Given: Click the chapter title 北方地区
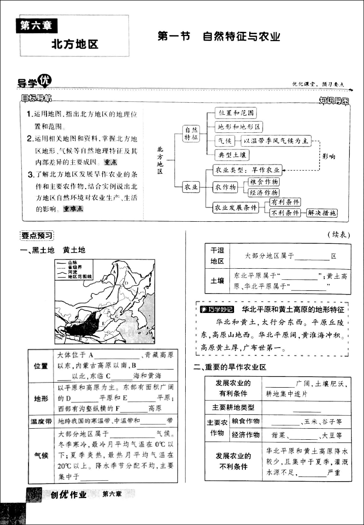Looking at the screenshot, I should tap(75, 45).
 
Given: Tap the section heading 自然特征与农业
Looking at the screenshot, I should tap(242, 37).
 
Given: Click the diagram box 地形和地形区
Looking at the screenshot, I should tap(239, 127).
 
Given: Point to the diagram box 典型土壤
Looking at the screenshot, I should tap(234, 155).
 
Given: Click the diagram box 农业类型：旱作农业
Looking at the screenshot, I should tap(247, 170).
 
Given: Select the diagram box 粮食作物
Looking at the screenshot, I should tap(264, 182).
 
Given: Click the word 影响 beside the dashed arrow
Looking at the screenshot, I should tap(329, 156).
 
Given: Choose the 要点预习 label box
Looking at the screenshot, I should tap(37, 236).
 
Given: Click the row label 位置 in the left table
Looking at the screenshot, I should tap(41, 366).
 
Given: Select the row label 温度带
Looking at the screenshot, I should tap(41, 421).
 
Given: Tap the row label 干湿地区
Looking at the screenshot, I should tap(217, 255).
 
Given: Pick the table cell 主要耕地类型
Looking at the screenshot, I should tap(233, 407).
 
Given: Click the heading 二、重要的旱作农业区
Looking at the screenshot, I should tap(230, 367).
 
